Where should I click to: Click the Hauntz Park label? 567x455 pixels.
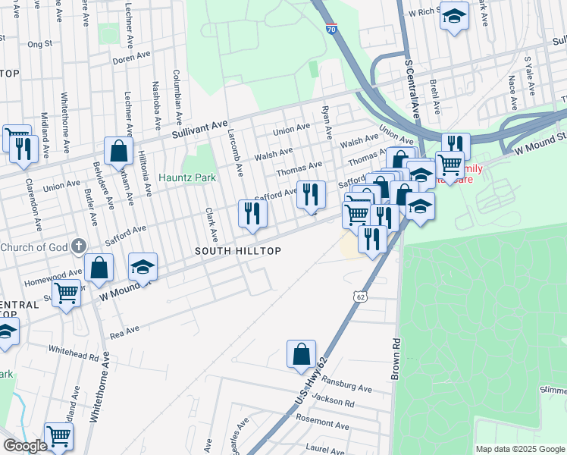pyautogui.click(x=187, y=178)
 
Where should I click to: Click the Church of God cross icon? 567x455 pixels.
pyautogui.click(x=77, y=246)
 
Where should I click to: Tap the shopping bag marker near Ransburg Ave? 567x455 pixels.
pyautogui.click(x=301, y=354)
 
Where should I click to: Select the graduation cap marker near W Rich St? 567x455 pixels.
pyautogui.click(x=454, y=16)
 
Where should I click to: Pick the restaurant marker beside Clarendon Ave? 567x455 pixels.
pyautogui.click(x=22, y=148)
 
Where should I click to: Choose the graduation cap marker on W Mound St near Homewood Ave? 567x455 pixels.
pyautogui.click(x=143, y=267)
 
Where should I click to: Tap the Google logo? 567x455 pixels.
pyautogui.click(x=25, y=447)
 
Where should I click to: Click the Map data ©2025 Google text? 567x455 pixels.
pyautogui.click(x=520, y=449)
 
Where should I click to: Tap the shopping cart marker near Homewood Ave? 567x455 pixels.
pyautogui.click(x=66, y=292)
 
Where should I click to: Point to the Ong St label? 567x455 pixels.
pyautogui.click(x=39, y=44)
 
